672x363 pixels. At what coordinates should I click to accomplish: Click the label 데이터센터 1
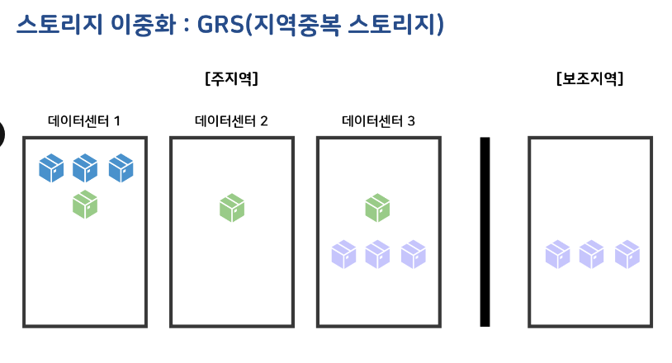(84, 121)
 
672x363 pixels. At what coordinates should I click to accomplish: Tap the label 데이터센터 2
(231, 121)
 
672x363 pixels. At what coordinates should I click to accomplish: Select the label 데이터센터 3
(378, 121)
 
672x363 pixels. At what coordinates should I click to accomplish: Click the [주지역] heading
(231, 79)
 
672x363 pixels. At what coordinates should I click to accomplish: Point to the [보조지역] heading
(589, 79)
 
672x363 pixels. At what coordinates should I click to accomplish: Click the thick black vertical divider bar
(485, 232)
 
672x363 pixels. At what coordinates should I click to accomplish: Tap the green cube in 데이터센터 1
(85, 204)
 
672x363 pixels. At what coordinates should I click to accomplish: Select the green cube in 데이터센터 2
(232, 207)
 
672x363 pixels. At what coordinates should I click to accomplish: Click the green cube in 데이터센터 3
(378, 207)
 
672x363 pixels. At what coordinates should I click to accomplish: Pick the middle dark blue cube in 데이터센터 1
(85, 168)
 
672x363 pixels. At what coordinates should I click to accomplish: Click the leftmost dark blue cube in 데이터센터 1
(51, 168)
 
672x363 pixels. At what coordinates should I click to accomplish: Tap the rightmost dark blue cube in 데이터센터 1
(121, 168)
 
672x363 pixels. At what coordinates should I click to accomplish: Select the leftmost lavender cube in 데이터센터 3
(343, 254)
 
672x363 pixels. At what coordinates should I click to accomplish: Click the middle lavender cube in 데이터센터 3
(378, 254)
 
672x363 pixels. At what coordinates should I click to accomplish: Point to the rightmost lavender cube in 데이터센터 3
(413, 254)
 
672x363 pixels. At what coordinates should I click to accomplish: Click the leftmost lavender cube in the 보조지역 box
(557, 254)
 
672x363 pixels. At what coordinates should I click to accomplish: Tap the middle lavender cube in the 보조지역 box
(592, 254)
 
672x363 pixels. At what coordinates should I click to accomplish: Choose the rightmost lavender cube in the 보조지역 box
(627, 254)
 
